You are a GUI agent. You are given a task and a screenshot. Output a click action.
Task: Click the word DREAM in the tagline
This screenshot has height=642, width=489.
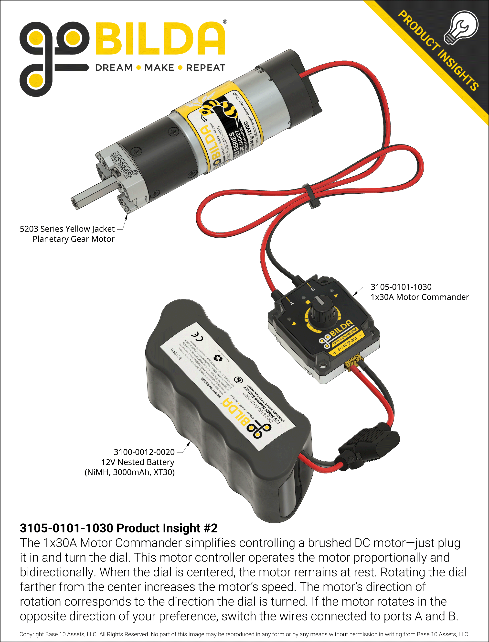[x=114, y=67]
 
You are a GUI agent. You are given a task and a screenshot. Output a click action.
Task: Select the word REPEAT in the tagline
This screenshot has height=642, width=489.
[x=205, y=67]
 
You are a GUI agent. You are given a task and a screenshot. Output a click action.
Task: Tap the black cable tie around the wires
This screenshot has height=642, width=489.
[x=311, y=196]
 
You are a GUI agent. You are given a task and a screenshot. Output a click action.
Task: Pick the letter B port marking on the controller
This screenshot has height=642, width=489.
[x=313, y=289]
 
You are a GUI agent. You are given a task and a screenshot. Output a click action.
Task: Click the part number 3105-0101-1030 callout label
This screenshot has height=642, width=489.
[x=401, y=287]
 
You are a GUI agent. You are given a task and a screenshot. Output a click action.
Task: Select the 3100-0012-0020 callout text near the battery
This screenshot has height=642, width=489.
[x=144, y=452]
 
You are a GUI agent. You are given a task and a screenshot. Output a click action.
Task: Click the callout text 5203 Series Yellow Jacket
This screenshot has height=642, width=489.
[x=67, y=229]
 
